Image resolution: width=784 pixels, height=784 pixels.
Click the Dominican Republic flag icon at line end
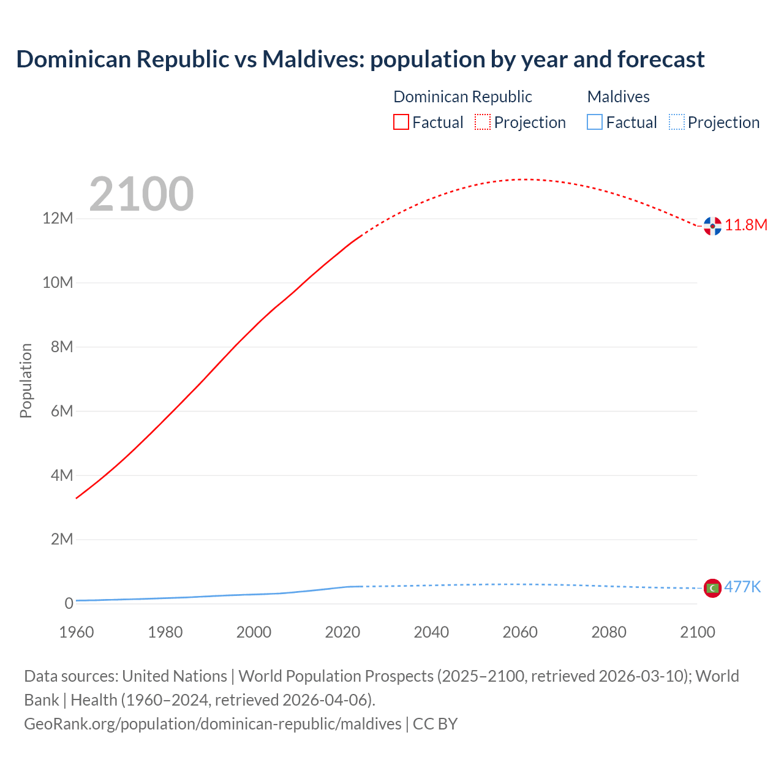712,226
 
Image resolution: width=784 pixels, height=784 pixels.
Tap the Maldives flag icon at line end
712,588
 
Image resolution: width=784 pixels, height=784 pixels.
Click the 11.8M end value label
746,225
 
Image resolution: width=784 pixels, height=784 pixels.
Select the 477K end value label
742,587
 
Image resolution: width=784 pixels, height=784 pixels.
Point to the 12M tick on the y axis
58,219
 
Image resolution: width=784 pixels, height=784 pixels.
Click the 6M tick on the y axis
62,411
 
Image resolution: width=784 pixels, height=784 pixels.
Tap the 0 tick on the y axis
69,603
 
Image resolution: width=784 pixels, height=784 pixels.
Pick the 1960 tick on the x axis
77,632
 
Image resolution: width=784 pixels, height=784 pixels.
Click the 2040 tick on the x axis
431,632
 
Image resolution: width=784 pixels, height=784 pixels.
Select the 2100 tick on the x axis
697,632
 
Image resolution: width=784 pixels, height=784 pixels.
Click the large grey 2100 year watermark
141,195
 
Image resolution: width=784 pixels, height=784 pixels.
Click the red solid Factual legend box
401,123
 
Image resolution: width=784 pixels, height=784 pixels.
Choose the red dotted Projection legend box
483,123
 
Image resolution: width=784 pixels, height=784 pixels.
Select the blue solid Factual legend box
595,123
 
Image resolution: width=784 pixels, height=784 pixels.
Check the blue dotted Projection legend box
676,123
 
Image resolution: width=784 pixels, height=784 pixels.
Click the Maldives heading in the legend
618,97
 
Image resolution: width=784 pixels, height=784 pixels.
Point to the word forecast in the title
661,59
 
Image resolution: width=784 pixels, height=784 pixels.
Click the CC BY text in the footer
435,724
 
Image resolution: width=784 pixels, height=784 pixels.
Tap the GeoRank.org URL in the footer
213,724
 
